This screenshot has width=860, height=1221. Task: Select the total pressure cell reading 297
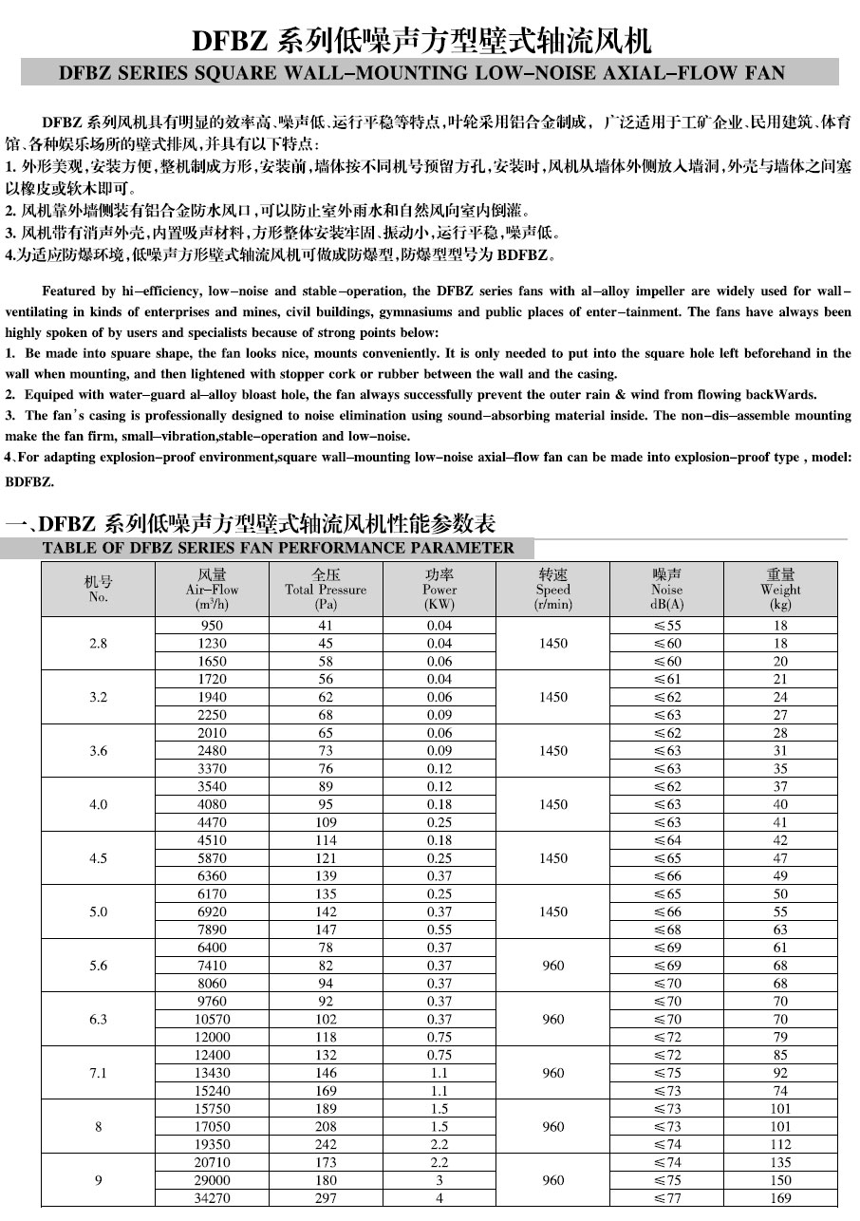(x=326, y=1198)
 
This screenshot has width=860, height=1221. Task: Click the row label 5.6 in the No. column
(x=98, y=966)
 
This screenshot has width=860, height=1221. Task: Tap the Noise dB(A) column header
(x=666, y=590)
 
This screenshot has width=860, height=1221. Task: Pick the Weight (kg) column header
(x=780, y=590)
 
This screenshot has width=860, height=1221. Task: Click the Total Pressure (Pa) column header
(x=326, y=590)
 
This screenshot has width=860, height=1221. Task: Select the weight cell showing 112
(x=780, y=1144)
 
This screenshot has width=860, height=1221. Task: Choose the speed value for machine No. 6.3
(x=552, y=1019)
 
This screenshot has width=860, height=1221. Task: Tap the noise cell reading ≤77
(x=666, y=1198)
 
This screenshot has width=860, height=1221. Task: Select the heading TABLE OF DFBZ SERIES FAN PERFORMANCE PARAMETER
(x=278, y=548)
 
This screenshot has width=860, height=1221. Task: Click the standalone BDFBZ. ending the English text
(x=29, y=481)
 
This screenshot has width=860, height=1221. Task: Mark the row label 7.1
(x=98, y=1073)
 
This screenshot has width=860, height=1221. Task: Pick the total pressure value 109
(x=326, y=822)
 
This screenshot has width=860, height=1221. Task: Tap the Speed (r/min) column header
(x=552, y=590)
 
